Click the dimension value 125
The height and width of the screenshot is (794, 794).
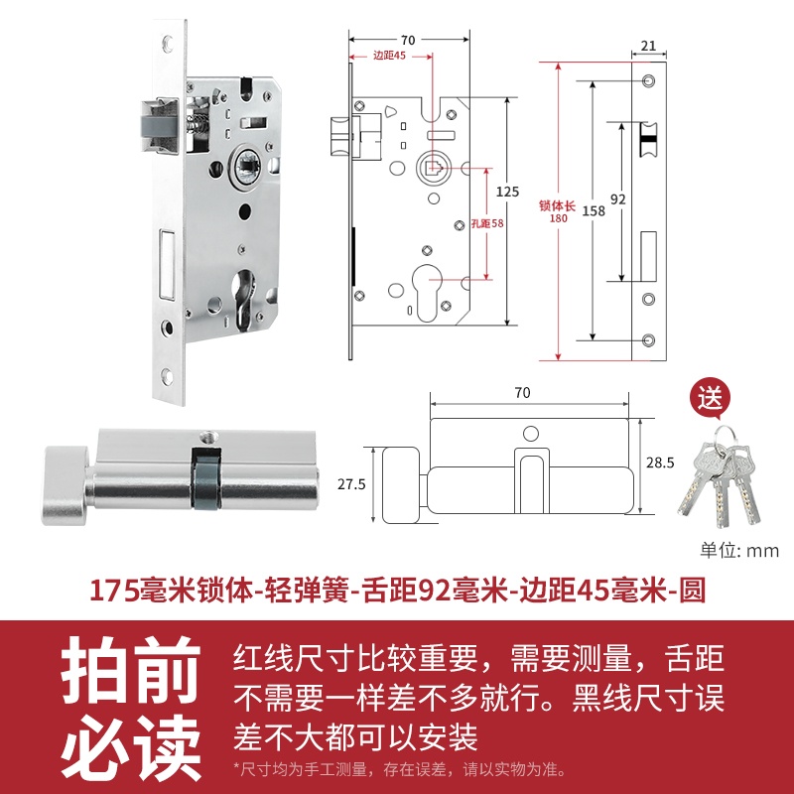coord(507,191)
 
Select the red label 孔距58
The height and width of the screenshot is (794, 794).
coord(486,223)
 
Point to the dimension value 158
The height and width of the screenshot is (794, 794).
coord(594,211)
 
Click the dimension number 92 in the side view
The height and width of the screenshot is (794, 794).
coord(618,198)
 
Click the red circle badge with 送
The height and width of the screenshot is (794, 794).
coord(710,400)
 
